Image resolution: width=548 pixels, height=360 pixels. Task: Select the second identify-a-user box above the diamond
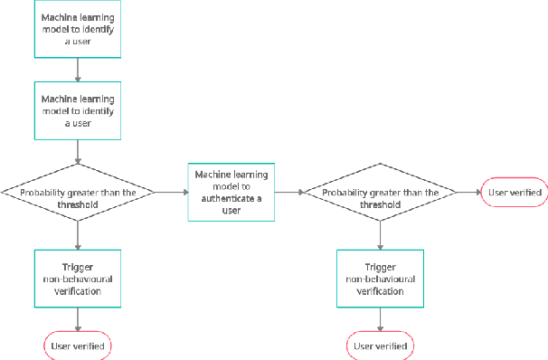point(78,110)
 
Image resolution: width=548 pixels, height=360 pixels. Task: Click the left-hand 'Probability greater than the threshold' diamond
point(78,192)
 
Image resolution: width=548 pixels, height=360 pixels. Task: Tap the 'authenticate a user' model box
point(231,192)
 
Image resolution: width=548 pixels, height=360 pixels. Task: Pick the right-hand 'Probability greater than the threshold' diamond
point(380,192)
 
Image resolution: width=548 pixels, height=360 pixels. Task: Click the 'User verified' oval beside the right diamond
point(515,192)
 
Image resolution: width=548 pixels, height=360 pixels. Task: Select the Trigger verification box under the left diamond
point(78,279)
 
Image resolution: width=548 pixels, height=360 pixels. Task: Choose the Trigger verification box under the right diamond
point(380,279)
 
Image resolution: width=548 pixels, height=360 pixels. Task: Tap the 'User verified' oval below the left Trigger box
point(78,346)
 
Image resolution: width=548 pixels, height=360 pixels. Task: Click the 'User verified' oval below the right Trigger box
point(380,346)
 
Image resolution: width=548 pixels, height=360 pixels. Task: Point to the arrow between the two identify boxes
point(78,70)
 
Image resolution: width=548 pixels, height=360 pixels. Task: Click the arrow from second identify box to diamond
point(78,150)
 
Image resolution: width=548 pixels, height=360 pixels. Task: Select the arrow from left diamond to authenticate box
point(171,192)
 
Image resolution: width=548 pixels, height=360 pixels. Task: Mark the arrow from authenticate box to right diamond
point(288,192)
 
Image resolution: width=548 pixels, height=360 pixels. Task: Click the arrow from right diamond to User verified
point(468,192)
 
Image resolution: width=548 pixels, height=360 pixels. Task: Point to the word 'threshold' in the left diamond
point(78,204)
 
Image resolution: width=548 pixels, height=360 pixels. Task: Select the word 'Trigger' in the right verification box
point(380,268)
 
